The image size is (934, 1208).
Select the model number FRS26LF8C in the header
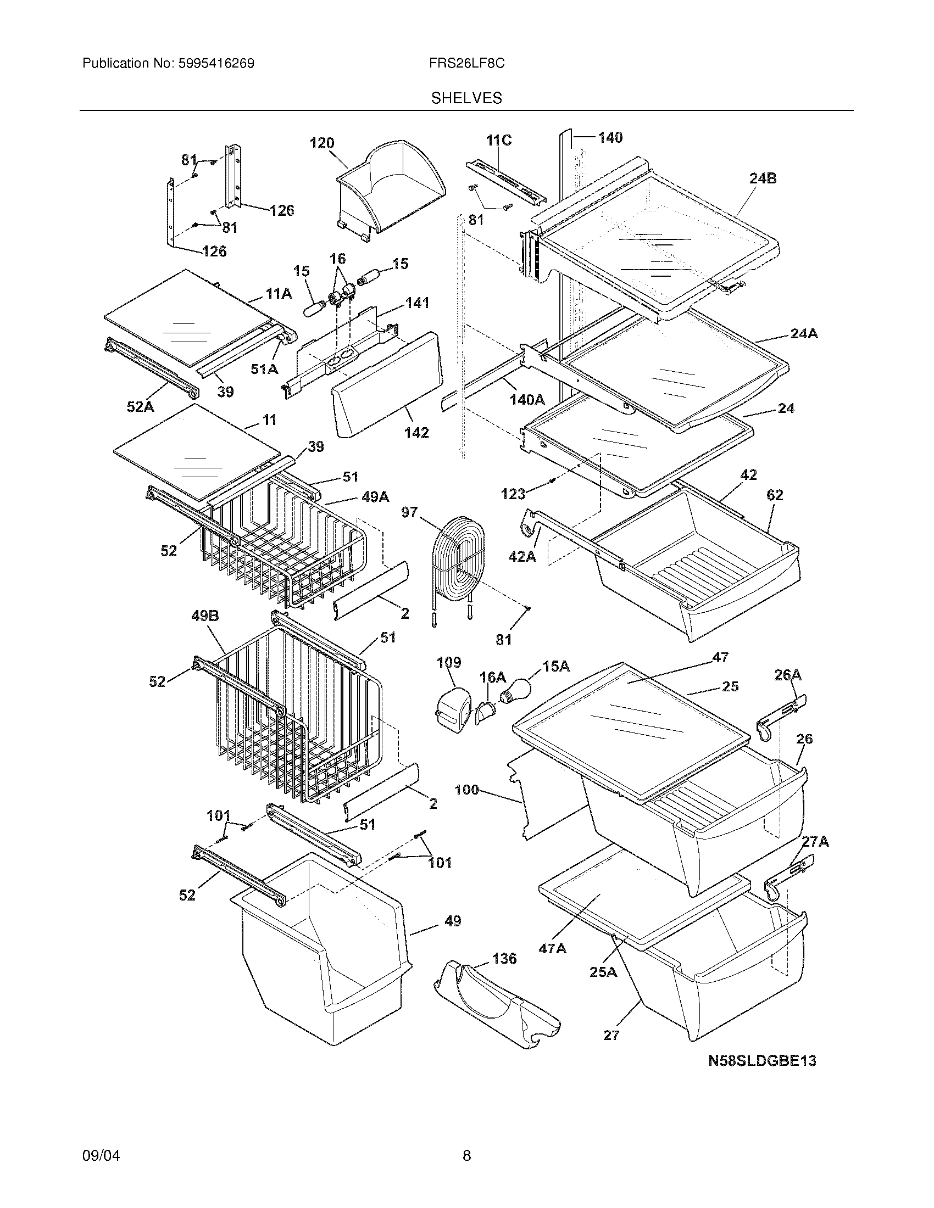(466, 64)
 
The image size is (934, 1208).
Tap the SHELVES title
(466, 98)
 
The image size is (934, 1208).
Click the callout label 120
(322, 143)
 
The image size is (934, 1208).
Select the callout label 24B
(763, 178)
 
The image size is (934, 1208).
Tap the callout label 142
(416, 433)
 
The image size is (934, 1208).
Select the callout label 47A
(553, 949)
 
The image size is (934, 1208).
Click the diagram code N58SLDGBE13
(763, 1061)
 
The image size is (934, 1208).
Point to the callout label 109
(449, 663)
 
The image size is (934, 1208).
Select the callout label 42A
(522, 556)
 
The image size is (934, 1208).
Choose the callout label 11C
(499, 141)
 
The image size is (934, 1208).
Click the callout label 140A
(527, 399)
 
